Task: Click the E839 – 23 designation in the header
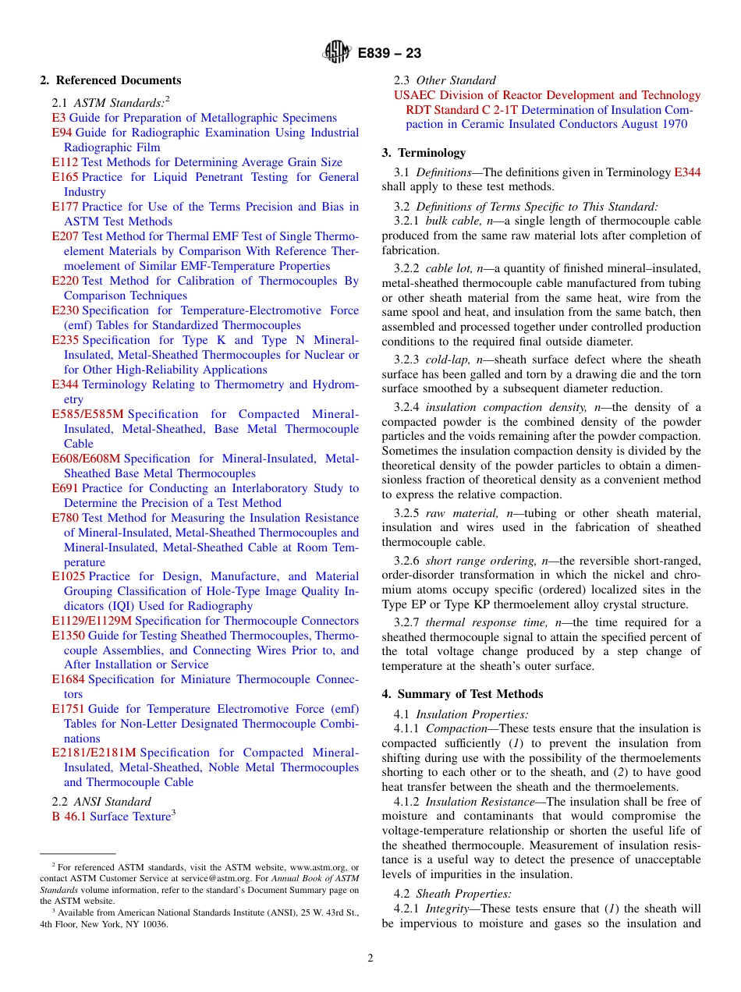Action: (389, 53)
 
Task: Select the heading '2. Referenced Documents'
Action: (111, 80)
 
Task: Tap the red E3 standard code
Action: (58, 118)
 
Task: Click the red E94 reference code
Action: (62, 133)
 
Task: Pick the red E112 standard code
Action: (65, 162)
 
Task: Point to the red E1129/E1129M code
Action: (92, 621)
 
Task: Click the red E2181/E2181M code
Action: (94, 753)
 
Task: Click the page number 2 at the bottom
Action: (370, 958)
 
